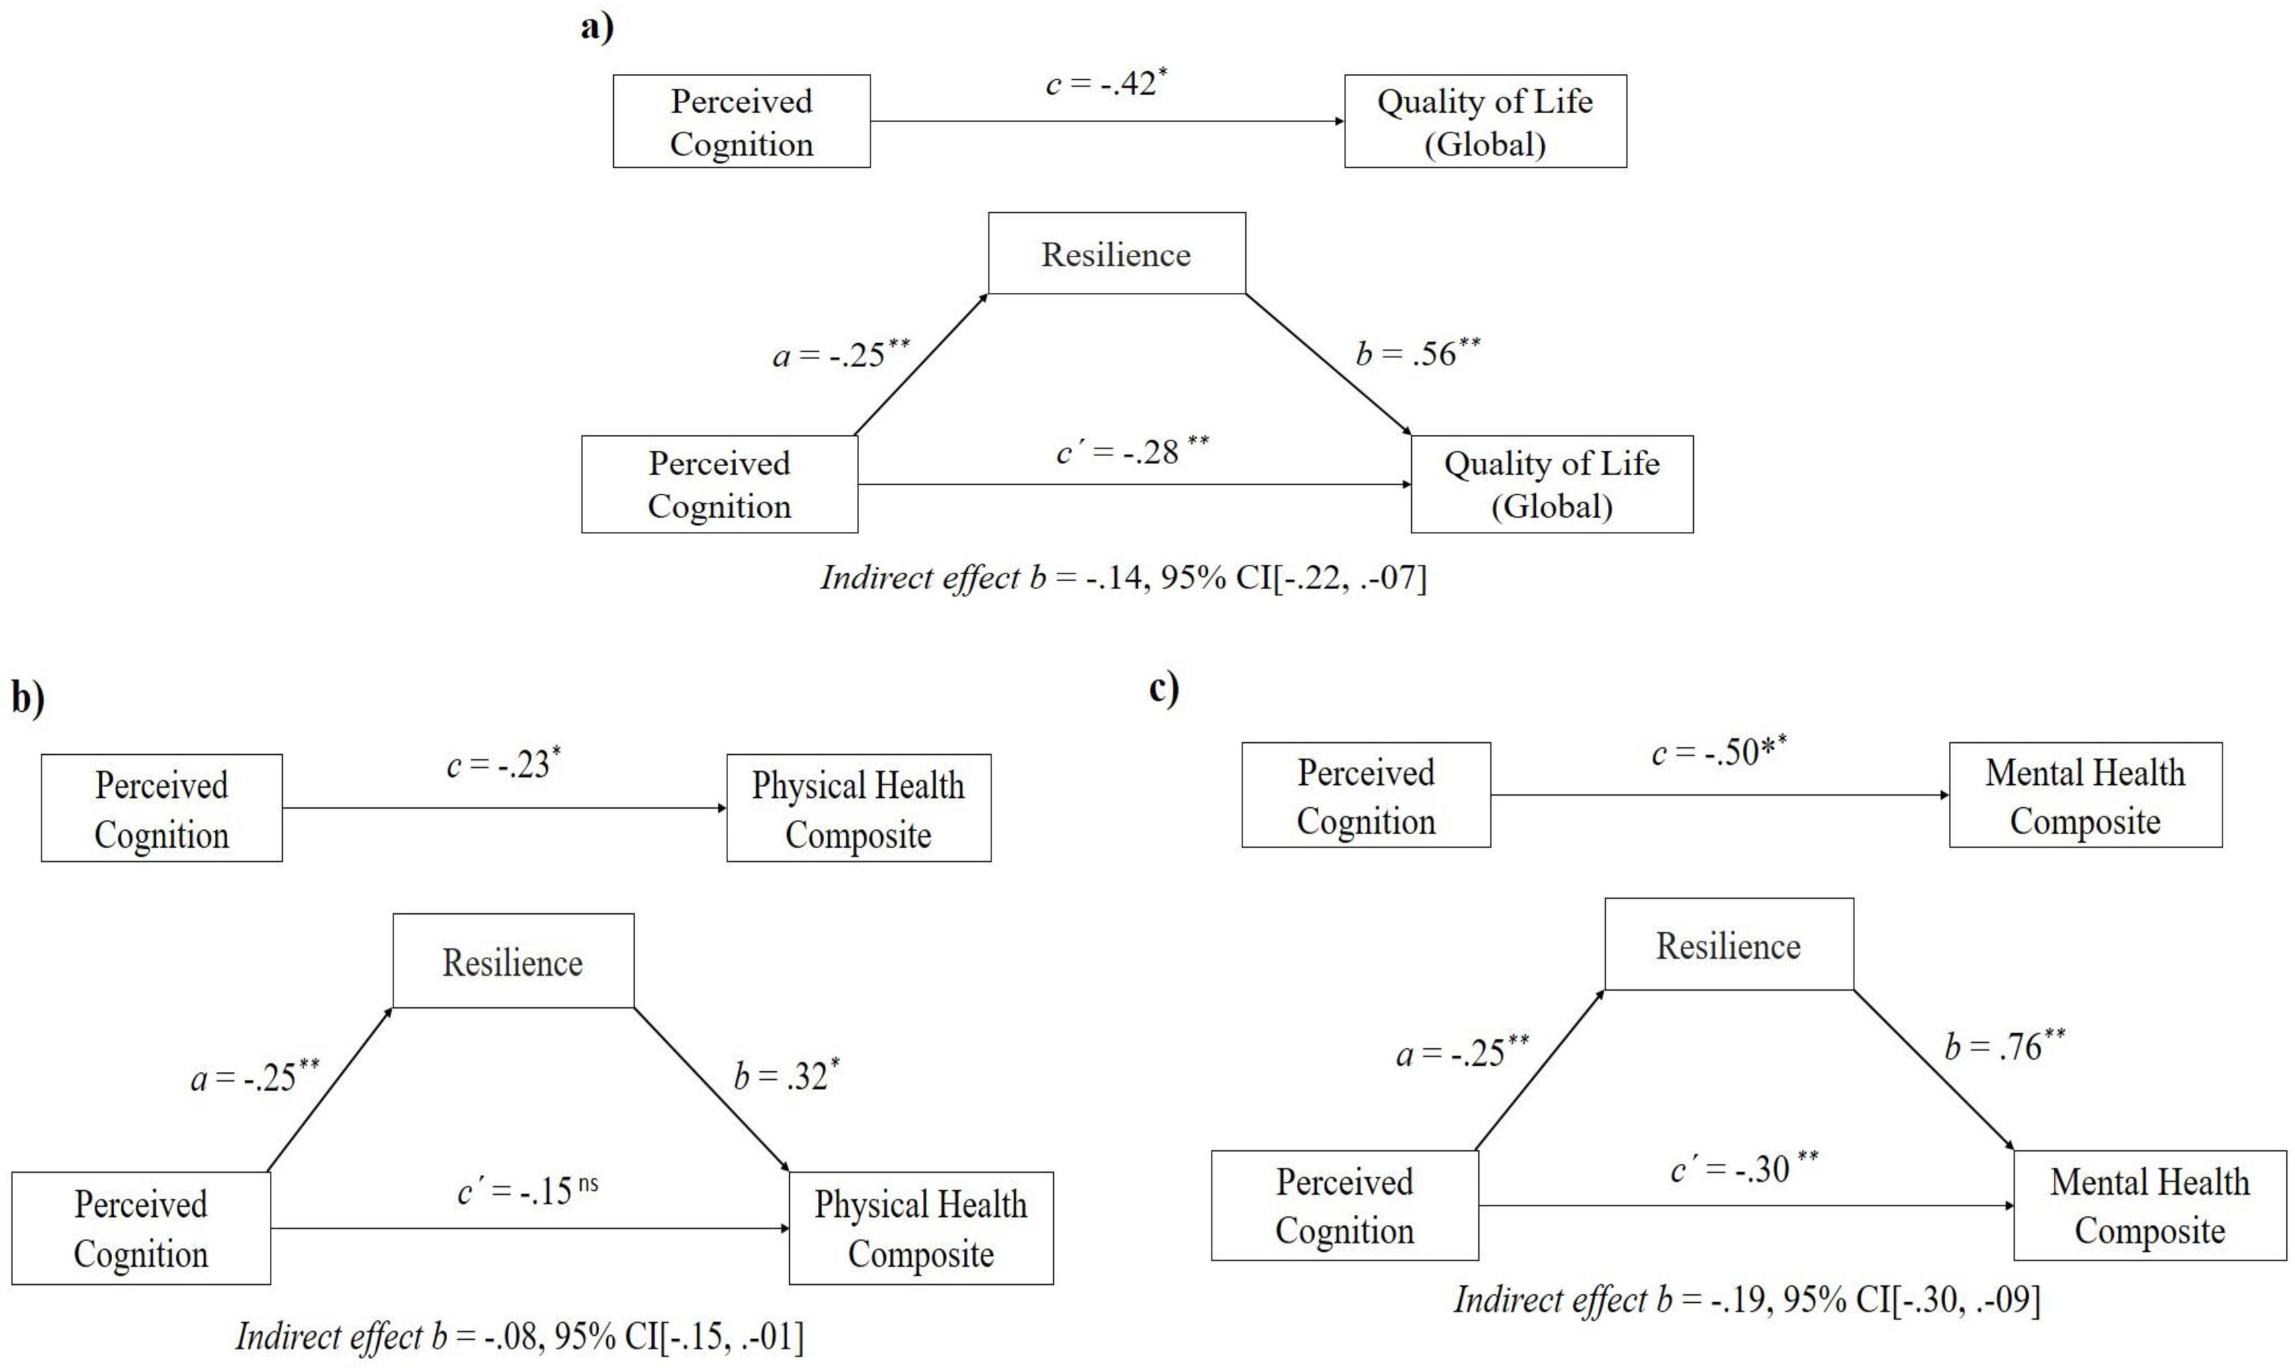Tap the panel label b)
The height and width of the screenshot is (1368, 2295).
pyautogui.click(x=28, y=698)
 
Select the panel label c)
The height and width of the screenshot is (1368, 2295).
pyautogui.click(x=1164, y=688)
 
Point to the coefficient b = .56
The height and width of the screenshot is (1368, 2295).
pyautogui.click(x=1418, y=354)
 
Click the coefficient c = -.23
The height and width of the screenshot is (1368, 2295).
pyautogui.click(x=503, y=765)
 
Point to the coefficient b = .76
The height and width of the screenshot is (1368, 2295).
pyautogui.click(x=2005, y=1047)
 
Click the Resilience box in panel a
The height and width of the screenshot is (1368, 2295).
pyautogui.click(x=1116, y=253)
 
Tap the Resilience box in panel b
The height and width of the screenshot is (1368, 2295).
pyautogui.click(x=512, y=962)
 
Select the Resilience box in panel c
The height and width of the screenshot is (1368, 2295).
pyautogui.click(x=1728, y=945)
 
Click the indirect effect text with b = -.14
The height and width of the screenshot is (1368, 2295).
pyautogui.click(x=1122, y=578)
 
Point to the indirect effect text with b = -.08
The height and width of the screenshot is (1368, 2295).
pyautogui.click(x=519, y=1336)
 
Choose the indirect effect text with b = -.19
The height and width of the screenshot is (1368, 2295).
pyautogui.click(x=1746, y=1299)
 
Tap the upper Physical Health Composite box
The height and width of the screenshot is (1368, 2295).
pyautogui.click(x=858, y=809)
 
